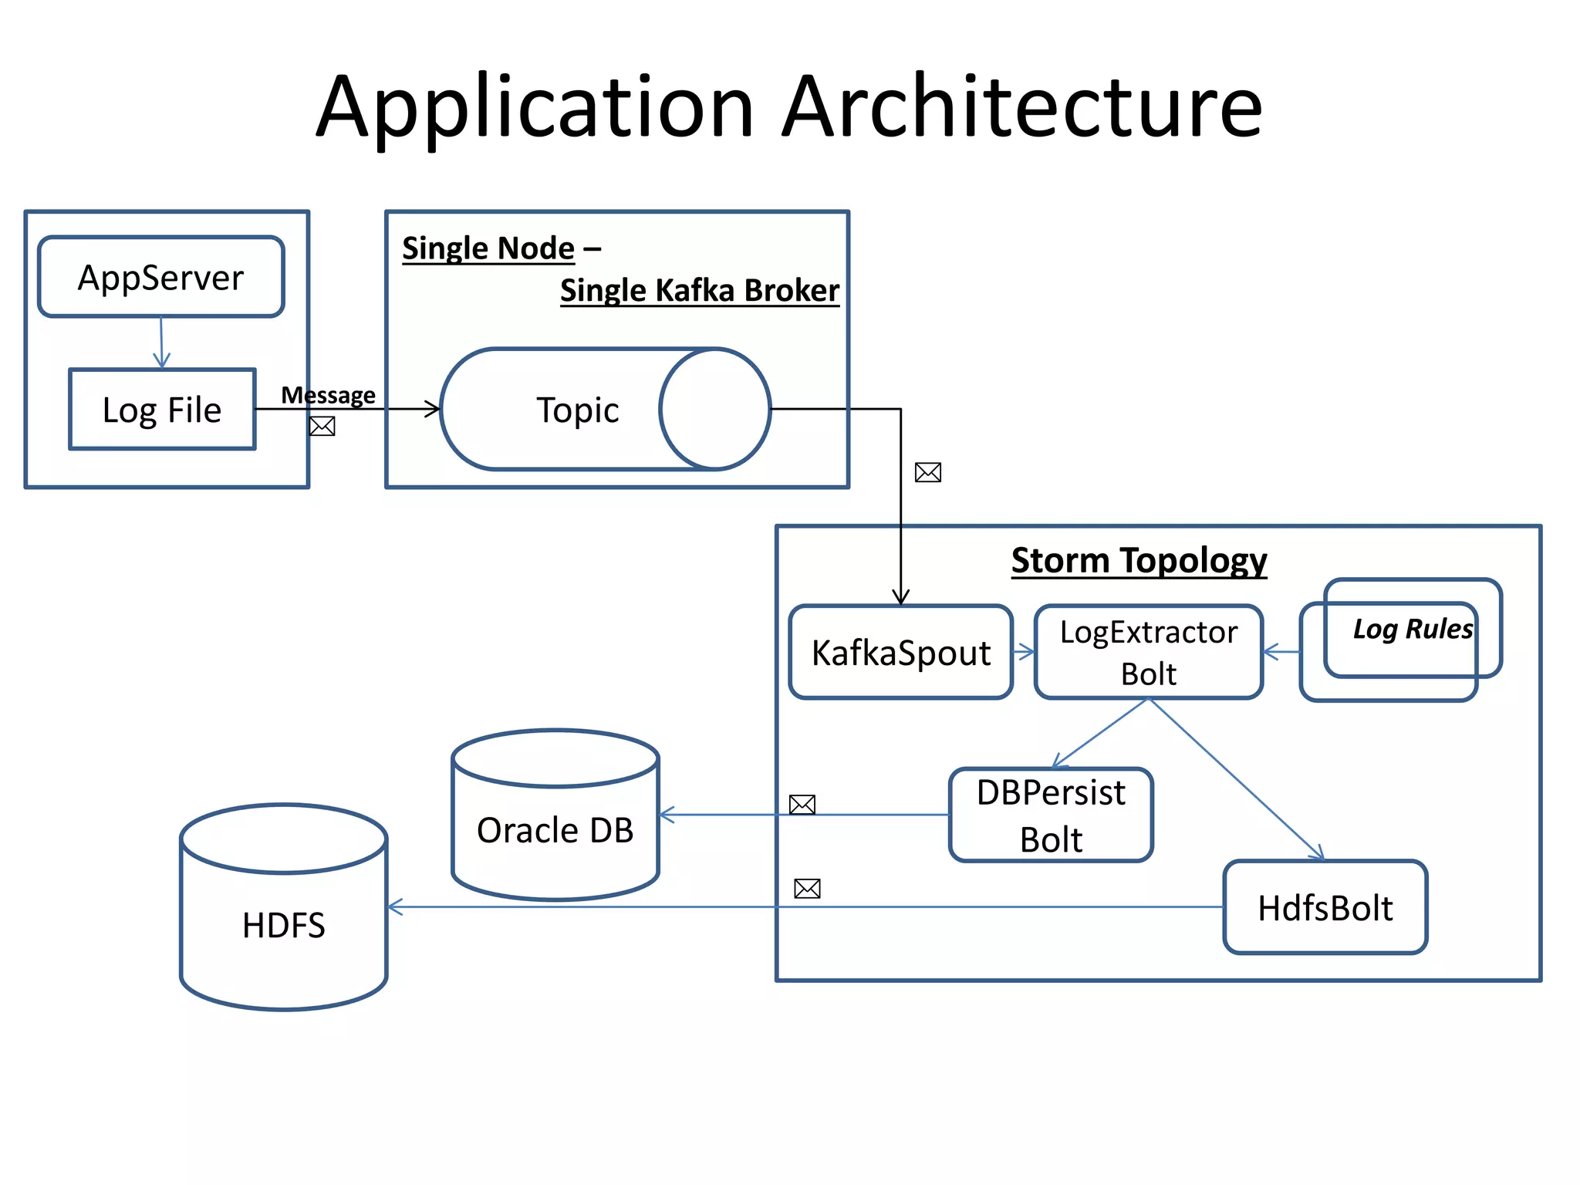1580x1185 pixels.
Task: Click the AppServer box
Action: [x=161, y=277]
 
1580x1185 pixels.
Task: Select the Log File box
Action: [x=162, y=410]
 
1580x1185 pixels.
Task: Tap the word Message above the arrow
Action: [x=328, y=395]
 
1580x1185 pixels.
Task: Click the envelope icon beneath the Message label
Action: [x=322, y=426]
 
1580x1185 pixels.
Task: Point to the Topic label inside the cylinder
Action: [x=577, y=410]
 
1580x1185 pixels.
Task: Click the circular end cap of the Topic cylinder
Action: [x=714, y=409]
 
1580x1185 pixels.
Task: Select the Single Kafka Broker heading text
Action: [x=699, y=291]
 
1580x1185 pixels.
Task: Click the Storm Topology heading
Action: [x=1139, y=560]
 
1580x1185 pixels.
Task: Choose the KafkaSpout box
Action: [x=900, y=653]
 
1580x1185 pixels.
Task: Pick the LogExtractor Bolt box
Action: [x=1148, y=653]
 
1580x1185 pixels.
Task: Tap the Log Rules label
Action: [x=1413, y=629]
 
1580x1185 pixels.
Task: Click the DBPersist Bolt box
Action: [x=1051, y=815]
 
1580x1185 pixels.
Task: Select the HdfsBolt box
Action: [x=1325, y=908]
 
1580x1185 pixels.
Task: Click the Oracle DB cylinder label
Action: [x=555, y=831]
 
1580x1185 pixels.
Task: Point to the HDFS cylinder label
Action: [x=283, y=925]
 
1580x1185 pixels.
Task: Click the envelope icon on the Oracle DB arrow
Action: [x=802, y=805]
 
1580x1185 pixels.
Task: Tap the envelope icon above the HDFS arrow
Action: [x=807, y=889]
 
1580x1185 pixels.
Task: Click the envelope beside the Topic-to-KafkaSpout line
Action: [x=927, y=472]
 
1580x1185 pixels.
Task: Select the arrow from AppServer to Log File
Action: [x=161, y=343]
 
